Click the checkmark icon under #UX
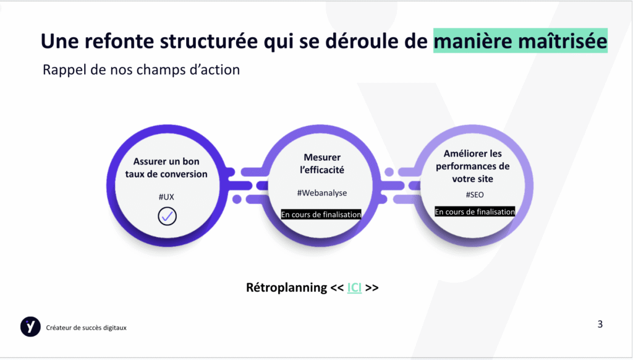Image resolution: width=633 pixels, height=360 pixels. point(167,216)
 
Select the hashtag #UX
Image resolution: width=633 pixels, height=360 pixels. point(166,197)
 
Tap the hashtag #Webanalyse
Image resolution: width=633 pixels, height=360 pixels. point(322,193)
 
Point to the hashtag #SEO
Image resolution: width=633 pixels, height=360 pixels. point(475,195)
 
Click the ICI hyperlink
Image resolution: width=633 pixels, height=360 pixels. point(354,287)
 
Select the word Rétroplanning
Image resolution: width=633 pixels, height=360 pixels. point(287,287)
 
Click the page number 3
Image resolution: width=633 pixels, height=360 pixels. point(600,324)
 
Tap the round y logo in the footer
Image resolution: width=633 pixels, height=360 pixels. point(31,327)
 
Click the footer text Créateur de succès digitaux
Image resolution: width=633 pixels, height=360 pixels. point(86,328)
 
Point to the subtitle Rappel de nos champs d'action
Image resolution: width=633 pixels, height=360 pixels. point(142,69)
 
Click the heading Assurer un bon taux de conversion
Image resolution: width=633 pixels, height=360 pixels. point(166,168)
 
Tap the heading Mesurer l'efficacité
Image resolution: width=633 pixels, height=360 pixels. point(322,164)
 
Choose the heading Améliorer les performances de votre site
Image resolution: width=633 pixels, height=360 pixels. point(473,166)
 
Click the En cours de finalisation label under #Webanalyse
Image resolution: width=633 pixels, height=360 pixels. point(321,215)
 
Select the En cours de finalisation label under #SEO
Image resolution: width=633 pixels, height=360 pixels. point(475,212)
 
